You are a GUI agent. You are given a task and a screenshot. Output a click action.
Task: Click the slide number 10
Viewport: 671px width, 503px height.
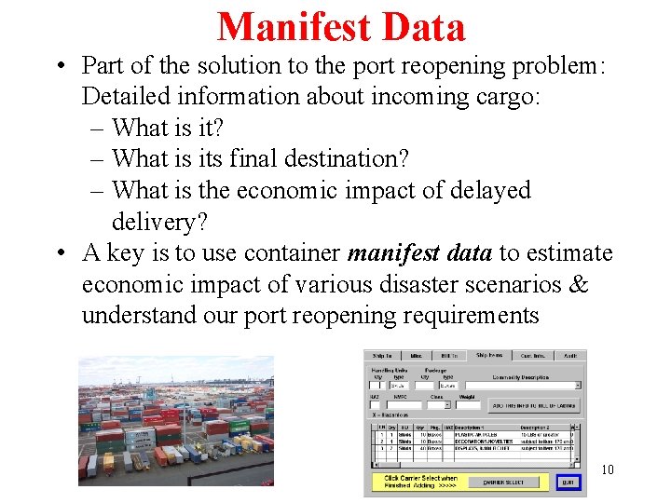(607, 470)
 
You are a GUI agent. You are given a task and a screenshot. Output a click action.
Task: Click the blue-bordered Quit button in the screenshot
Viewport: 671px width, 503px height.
(567, 483)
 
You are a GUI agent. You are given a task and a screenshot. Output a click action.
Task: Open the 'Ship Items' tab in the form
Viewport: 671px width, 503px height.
(489, 355)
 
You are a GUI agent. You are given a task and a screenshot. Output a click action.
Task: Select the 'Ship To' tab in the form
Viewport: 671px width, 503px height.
(382, 355)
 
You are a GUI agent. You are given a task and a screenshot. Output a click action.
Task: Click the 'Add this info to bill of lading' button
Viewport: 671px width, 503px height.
(533, 405)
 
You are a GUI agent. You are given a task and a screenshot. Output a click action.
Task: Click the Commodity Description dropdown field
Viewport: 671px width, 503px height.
(523, 385)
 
